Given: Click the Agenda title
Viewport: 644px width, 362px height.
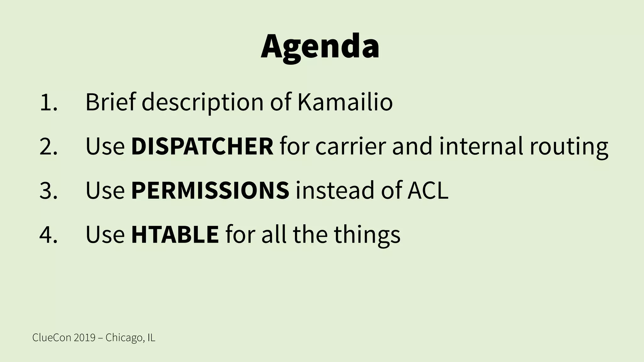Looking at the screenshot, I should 320,47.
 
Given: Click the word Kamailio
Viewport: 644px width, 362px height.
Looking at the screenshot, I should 345,102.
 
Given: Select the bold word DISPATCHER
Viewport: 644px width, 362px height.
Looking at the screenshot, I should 202,146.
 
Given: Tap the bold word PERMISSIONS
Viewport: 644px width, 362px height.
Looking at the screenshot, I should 210,190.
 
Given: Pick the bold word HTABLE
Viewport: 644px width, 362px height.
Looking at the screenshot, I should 175,234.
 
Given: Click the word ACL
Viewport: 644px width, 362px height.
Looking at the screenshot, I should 428,190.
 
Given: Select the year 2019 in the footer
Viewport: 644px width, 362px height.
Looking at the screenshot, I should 85,338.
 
